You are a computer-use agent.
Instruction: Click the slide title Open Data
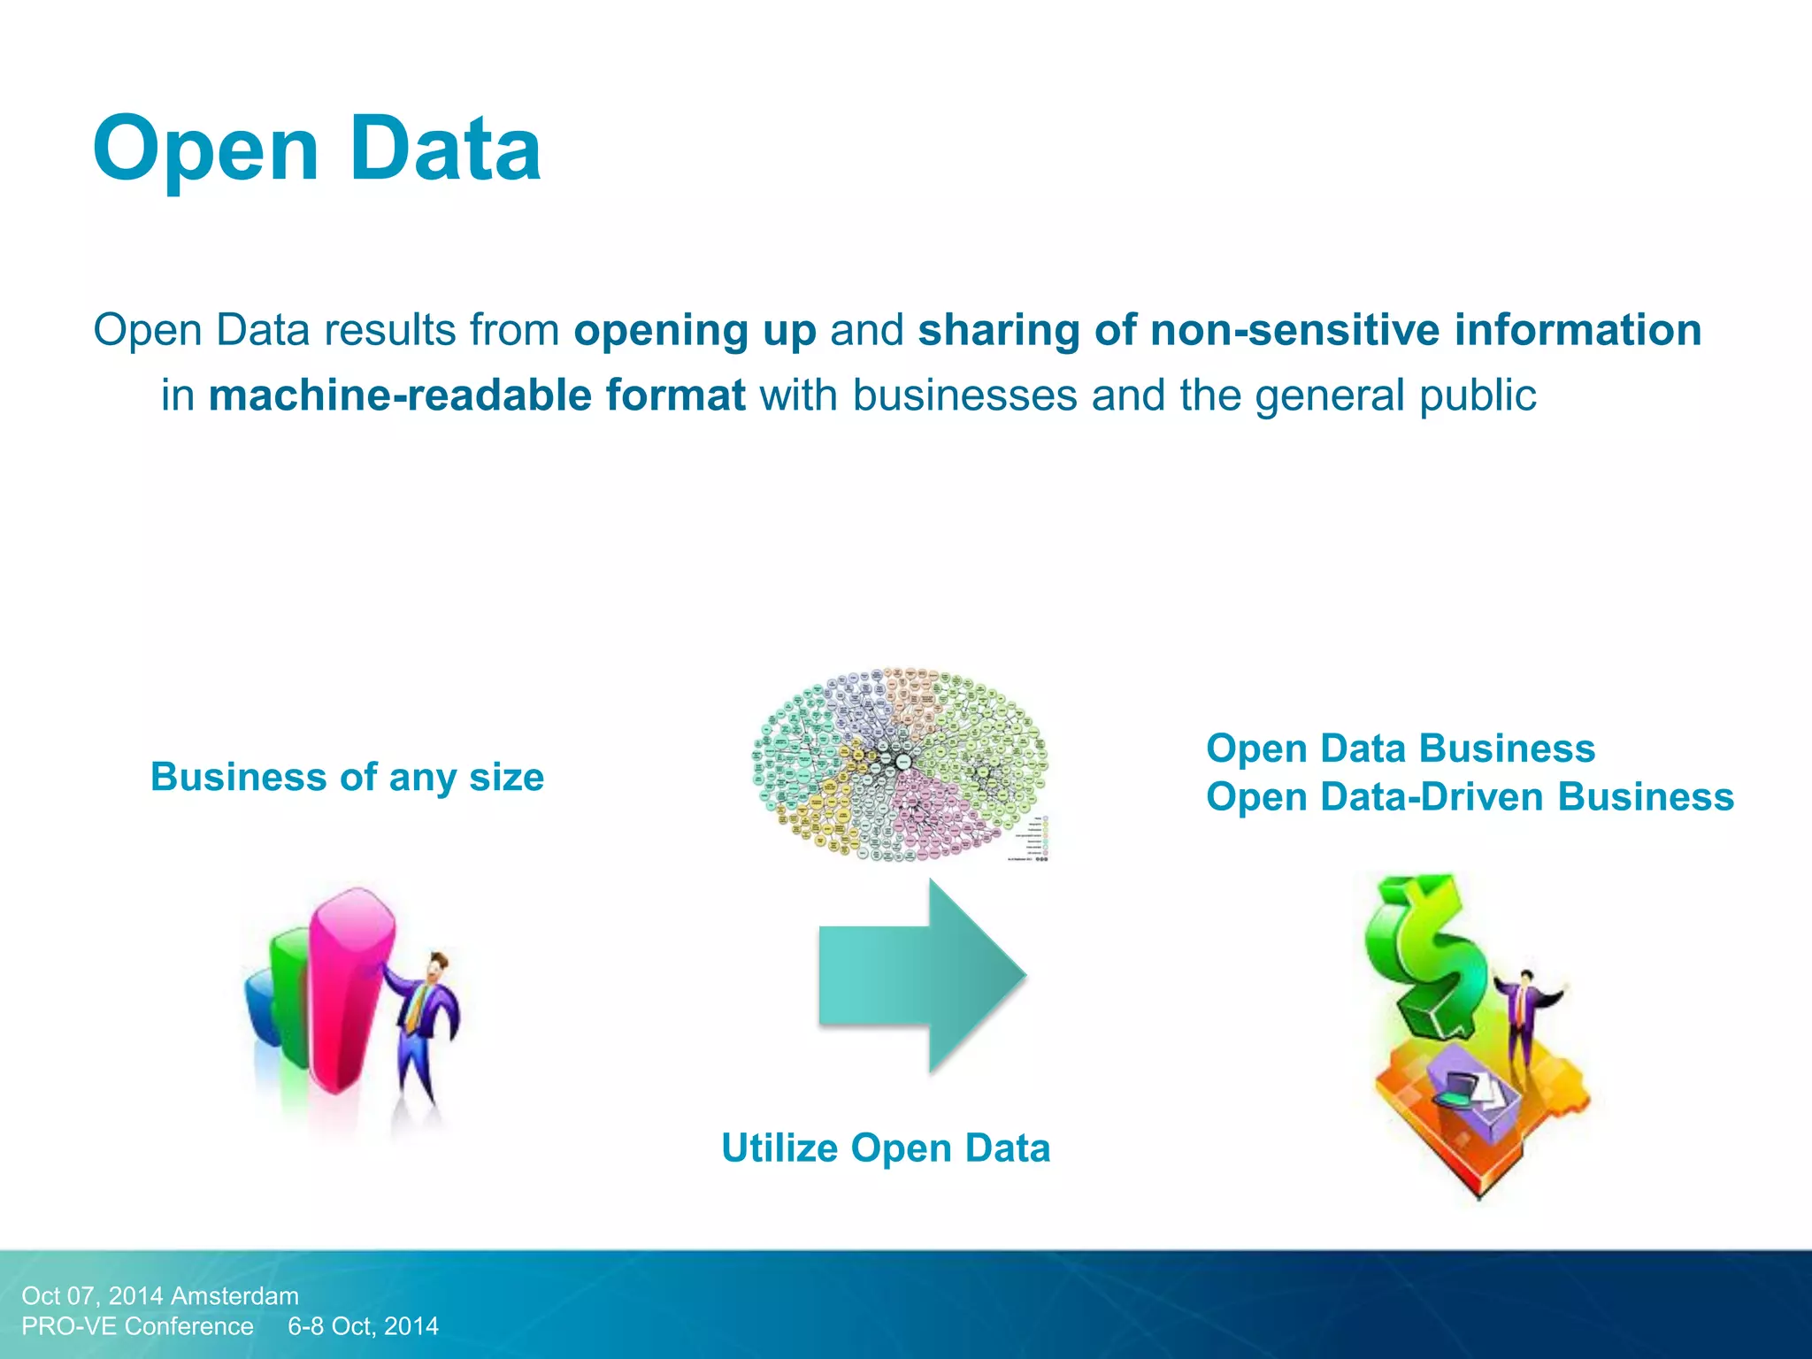click(317, 149)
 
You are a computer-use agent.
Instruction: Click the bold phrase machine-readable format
click(477, 395)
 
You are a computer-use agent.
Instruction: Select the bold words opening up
click(695, 330)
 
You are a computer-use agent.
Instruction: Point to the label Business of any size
click(347, 777)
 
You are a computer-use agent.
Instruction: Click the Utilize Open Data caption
click(886, 1148)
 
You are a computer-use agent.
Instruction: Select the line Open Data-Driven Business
click(1470, 796)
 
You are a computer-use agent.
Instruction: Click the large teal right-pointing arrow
click(921, 975)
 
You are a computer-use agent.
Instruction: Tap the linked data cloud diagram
click(901, 764)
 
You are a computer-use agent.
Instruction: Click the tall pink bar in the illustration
click(347, 991)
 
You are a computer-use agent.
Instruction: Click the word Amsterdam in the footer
click(234, 1296)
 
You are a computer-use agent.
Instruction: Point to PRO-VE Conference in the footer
click(137, 1326)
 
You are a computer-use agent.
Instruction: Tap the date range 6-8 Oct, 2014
click(363, 1326)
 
